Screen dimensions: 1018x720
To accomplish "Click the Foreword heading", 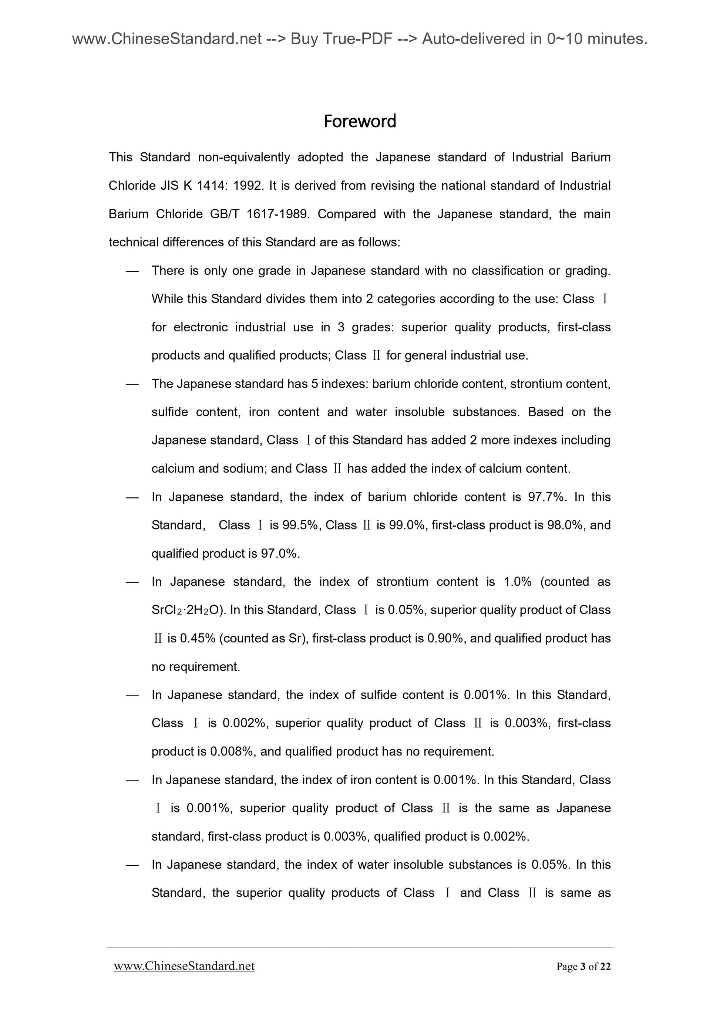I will point(360,121).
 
